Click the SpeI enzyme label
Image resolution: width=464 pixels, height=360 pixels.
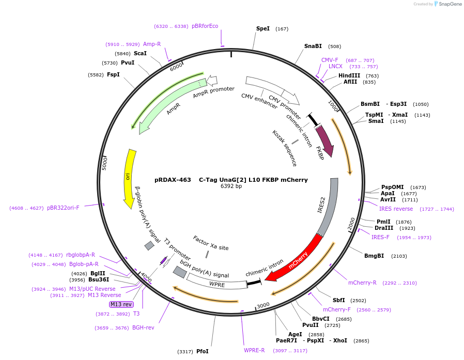263,29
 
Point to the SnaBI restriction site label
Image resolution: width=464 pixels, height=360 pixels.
313,46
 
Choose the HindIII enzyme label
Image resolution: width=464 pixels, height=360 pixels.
349,75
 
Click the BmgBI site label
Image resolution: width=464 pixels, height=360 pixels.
374,256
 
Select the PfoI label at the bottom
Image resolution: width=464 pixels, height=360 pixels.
203,351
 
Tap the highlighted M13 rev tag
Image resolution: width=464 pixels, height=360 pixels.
121,304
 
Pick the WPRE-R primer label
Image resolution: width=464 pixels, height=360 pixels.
254,350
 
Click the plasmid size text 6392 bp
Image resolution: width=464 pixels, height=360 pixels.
231,186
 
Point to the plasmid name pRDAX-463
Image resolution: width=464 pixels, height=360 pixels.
173,180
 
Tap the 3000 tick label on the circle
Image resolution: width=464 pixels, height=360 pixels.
263,305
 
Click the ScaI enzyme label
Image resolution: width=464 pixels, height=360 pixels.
140,53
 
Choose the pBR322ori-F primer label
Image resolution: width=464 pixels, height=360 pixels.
64,208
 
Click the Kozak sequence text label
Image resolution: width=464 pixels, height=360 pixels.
285,148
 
